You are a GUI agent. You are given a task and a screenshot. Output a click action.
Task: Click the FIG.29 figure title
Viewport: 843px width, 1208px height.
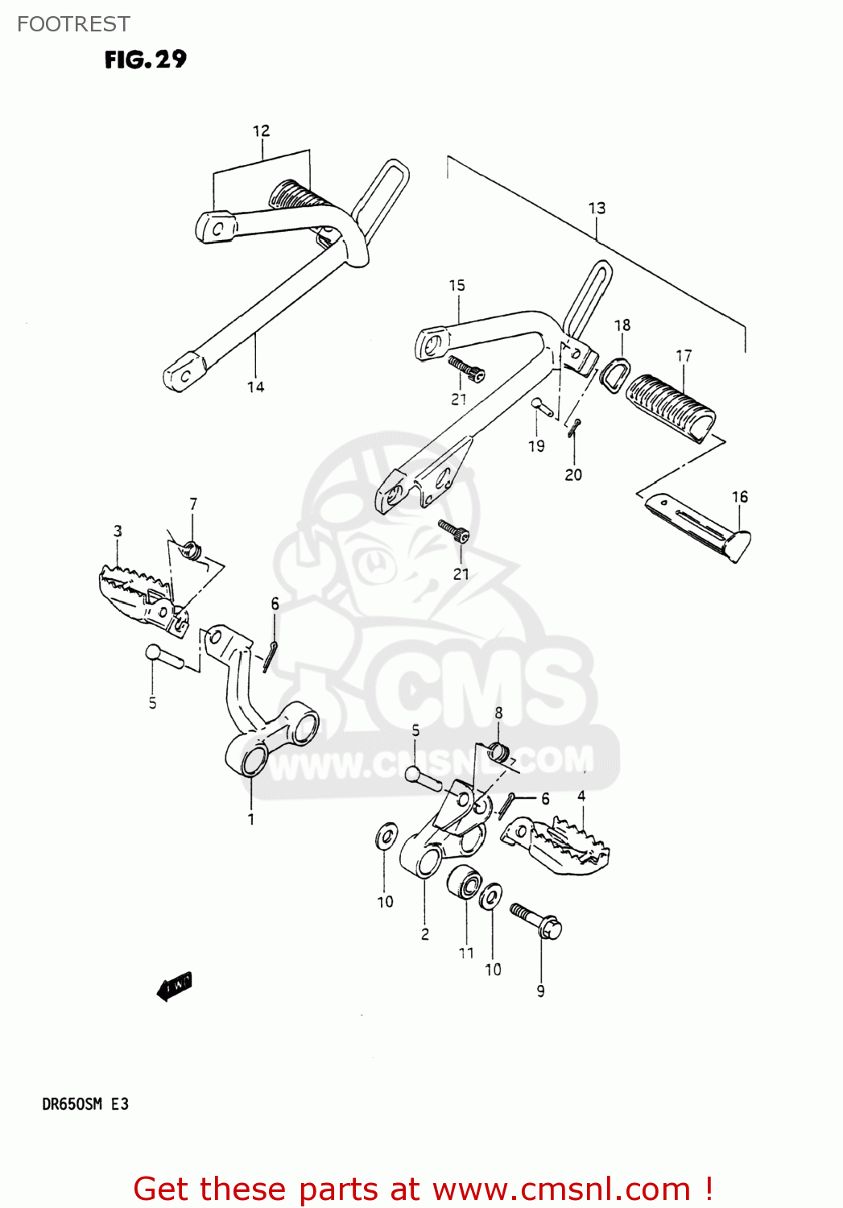pyautogui.click(x=145, y=60)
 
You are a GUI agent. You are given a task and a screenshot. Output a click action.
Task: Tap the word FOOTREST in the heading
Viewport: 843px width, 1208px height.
pyautogui.click(x=73, y=24)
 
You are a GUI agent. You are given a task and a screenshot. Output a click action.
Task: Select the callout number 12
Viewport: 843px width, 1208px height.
pyautogui.click(x=261, y=130)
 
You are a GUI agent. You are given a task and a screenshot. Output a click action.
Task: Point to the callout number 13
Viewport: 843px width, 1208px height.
pyautogui.click(x=597, y=208)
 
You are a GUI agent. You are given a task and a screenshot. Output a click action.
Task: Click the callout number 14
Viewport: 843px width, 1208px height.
pyautogui.click(x=255, y=387)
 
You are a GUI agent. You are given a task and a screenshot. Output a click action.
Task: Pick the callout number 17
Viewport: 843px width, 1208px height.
pyautogui.click(x=684, y=356)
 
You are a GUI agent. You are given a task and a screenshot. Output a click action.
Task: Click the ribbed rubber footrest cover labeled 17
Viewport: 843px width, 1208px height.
pyautogui.click(x=671, y=407)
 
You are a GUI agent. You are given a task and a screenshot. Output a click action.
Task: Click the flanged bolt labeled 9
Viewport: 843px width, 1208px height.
pyautogui.click(x=536, y=920)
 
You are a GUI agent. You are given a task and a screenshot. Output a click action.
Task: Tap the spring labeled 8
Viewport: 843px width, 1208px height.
pyautogui.click(x=499, y=753)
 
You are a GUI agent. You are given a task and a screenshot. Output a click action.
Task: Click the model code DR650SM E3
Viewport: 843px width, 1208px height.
pyautogui.click(x=85, y=1104)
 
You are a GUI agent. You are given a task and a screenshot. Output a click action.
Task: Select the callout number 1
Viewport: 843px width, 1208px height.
pyautogui.click(x=251, y=819)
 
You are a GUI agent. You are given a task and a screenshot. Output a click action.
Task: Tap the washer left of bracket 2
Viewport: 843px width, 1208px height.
pyautogui.click(x=386, y=836)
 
